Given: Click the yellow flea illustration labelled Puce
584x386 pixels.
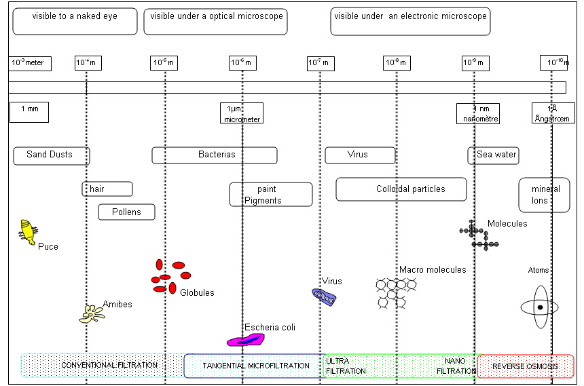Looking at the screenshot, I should [28, 231].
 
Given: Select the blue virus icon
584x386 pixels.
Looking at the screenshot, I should [325, 296].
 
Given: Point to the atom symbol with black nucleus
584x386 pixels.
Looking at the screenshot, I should [540, 307].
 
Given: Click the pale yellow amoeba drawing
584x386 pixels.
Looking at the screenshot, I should [92, 313].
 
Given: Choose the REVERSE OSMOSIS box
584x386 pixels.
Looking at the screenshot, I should [526, 366].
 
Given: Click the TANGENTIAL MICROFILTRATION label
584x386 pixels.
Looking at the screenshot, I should [256, 366].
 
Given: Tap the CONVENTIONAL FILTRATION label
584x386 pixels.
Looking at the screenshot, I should [109, 365].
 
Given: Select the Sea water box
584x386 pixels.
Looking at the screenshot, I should [494, 155].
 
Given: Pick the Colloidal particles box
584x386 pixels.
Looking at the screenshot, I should [401, 189].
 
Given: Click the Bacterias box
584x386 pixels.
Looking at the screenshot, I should [215, 155].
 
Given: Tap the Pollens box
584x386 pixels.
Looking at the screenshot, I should [127, 212].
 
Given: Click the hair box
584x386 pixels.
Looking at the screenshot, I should [107, 189].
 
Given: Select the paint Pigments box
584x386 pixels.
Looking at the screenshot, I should [271, 195].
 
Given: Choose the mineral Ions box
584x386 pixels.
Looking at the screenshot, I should [545, 195].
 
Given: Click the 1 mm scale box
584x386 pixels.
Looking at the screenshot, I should [29, 113].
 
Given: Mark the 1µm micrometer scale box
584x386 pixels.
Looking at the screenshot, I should [241, 113].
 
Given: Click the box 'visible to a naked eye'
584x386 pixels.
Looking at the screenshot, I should [75, 21].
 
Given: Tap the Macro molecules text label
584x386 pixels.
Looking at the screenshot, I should [433, 270].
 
